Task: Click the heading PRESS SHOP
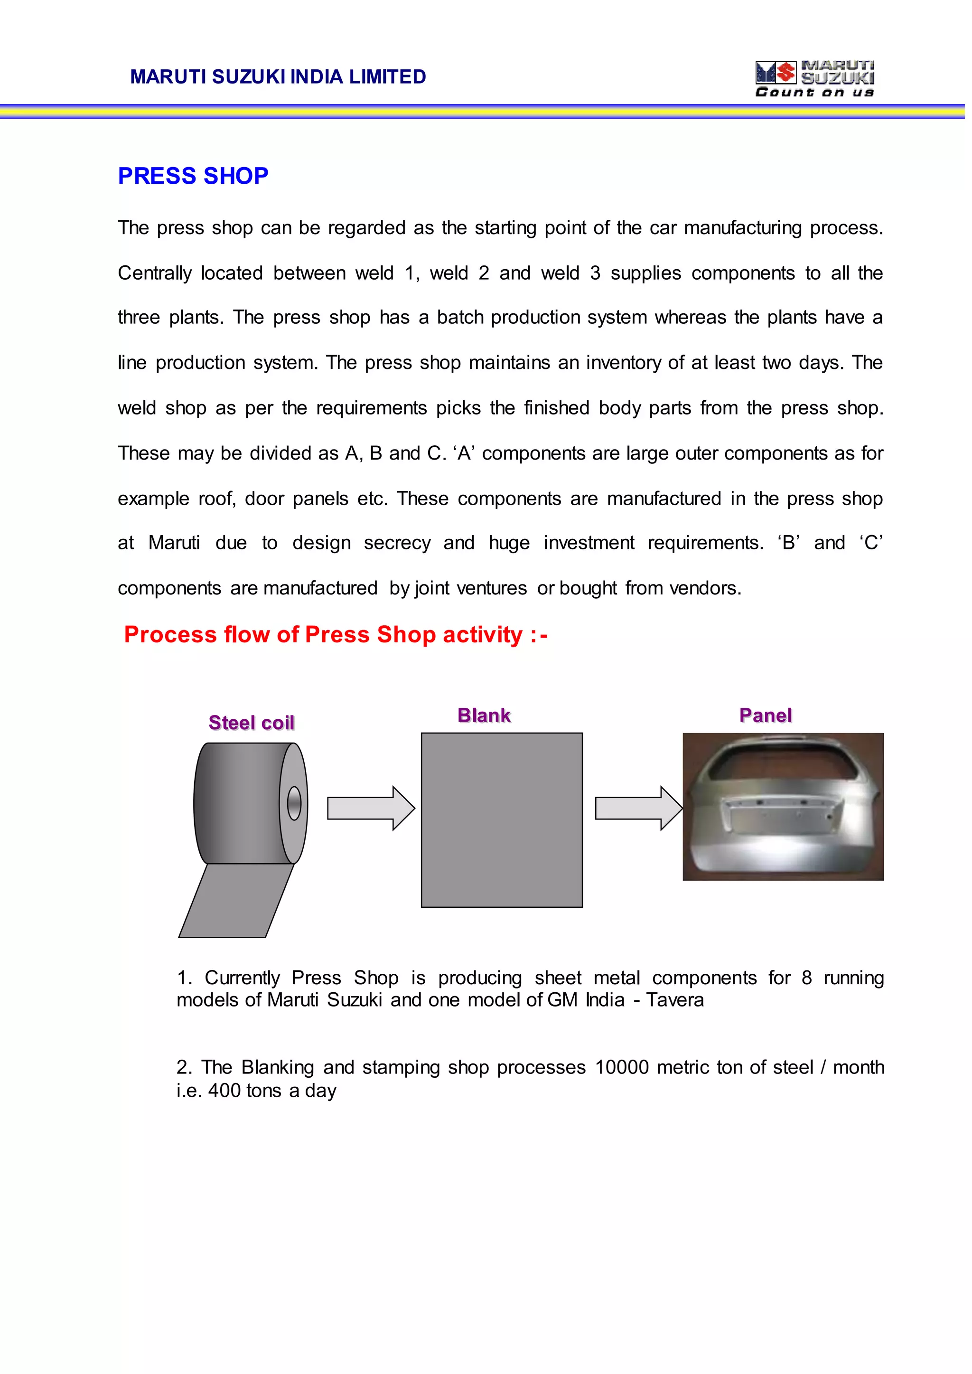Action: [x=193, y=176]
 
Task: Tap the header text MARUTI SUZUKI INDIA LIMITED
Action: [x=278, y=76]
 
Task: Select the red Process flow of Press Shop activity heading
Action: [x=335, y=635]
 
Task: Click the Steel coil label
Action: [x=252, y=723]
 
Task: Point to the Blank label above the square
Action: [x=484, y=715]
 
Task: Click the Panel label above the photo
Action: [x=765, y=715]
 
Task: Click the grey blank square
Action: [x=502, y=820]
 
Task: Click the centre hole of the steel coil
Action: [x=294, y=803]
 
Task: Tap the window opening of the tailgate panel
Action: [x=784, y=763]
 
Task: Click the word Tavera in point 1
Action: [x=675, y=1000]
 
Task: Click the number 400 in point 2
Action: [x=224, y=1091]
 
